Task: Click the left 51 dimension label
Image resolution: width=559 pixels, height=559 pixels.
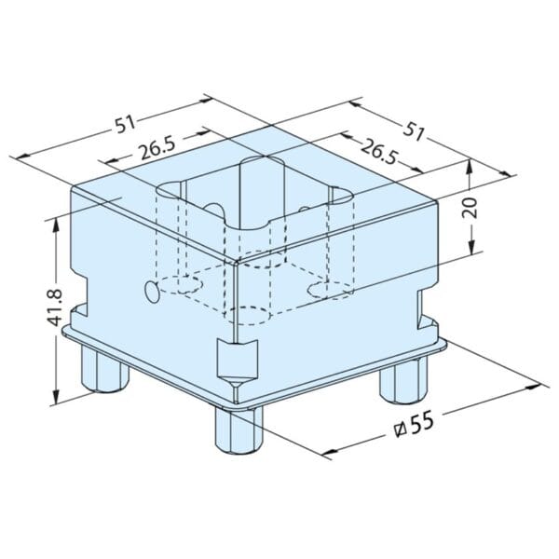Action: click(125, 123)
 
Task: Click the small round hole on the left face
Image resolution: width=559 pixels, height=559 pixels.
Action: click(149, 292)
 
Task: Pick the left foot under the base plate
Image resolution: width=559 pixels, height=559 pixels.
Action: click(103, 370)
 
